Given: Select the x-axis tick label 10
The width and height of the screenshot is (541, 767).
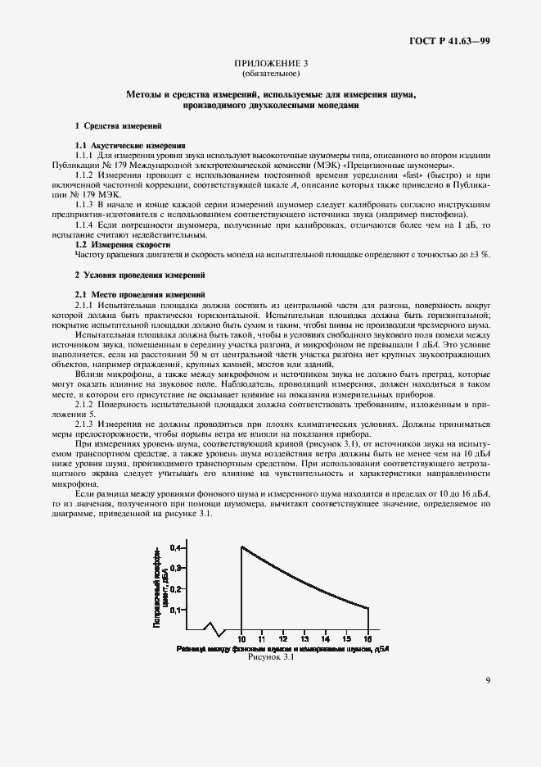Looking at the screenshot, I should click(x=241, y=638).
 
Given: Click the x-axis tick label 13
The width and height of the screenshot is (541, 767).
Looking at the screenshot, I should click(x=304, y=638).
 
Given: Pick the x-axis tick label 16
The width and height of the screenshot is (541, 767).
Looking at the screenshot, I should click(x=367, y=638).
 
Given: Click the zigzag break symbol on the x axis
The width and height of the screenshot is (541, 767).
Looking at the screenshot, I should click(x=214, y=629).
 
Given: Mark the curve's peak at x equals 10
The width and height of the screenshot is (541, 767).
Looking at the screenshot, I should click(x=241, y=547).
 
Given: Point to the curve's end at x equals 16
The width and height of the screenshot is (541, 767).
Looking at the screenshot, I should click(x=368, y=607).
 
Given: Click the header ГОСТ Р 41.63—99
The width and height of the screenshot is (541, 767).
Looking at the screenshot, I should click(x=449, y=40).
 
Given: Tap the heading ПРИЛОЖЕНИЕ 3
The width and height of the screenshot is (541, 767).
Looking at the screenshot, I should click(x=270, y=63).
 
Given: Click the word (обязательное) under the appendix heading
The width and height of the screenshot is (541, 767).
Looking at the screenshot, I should click(x=270, y=73).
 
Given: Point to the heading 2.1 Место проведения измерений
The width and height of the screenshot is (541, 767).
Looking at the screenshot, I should click(x=134, y=293).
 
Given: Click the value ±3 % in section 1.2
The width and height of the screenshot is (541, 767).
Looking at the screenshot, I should click(x=481, y=254).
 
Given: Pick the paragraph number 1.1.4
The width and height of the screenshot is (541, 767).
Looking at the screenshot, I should click(x=85, y=224).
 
